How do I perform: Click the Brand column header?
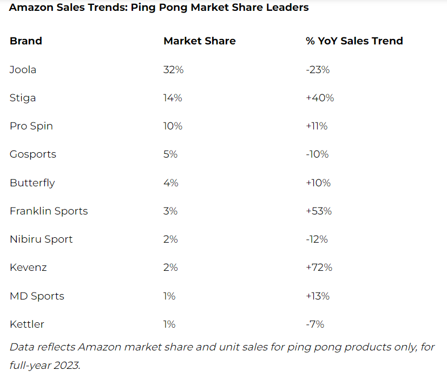26,41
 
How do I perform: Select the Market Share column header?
200,41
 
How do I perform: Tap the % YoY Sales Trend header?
354,41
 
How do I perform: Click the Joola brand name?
23,69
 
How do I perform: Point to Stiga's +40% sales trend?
320,98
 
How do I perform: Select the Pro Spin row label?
31,126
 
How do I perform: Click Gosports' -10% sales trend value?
317,154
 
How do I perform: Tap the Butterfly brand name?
32,183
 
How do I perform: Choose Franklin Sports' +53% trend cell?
319,211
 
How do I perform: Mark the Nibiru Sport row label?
41,239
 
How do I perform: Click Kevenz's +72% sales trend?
319,268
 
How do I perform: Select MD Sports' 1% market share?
169,296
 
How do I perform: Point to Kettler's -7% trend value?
315,324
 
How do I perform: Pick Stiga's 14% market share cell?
173,98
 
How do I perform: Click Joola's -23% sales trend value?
318,69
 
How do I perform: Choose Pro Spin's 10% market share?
173,126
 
